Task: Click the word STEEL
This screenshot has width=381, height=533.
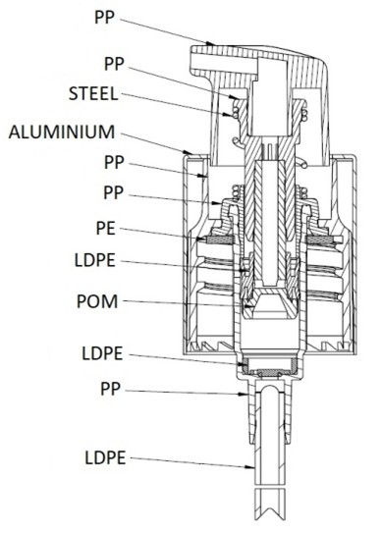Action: pyautogui.click(x=93, y=93)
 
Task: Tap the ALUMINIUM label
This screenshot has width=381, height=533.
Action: pyautogui.click(x=61, y=132)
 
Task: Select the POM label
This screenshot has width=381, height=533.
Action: pyautogui.click(x=97, y=301)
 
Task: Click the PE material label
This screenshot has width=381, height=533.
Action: pyautogui.click(x=106, y=229)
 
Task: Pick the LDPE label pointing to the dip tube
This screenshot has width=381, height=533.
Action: pyautogui.click(x=105, y=457)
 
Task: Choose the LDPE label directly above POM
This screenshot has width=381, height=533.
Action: pyautogui.click(x=95, y=260)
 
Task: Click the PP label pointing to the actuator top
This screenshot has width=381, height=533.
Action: pyautogui.click(x=104, y=18)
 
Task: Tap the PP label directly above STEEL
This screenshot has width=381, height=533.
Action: pyautogui.click(x=114, y=64)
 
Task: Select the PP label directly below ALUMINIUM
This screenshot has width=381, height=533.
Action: pyautogui.click(x=114, y=163)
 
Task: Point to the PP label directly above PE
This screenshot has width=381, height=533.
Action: pyautogui.click(x=113, y=192)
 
